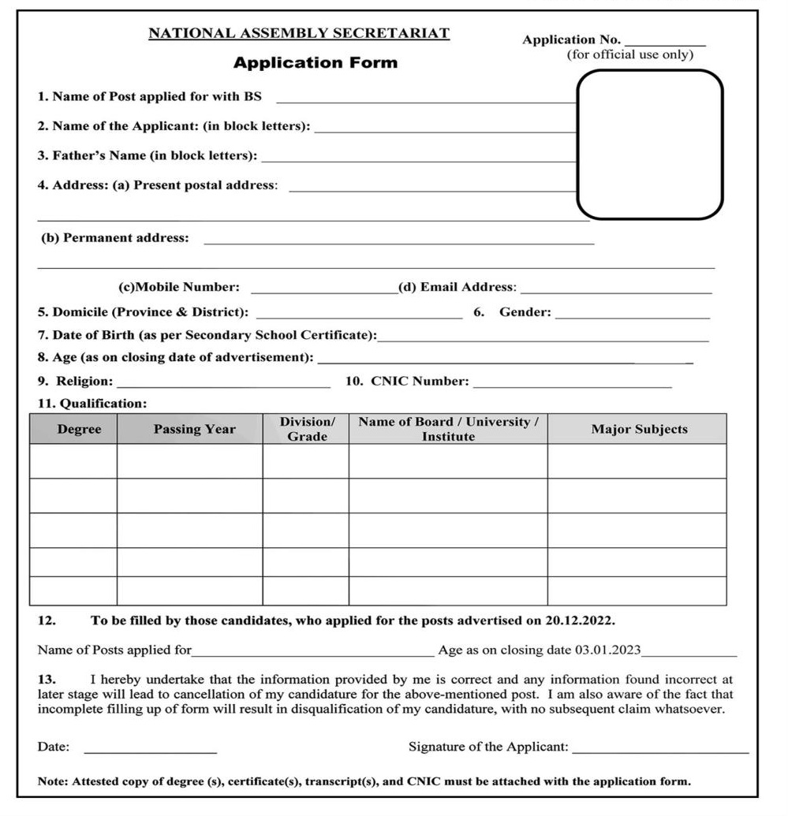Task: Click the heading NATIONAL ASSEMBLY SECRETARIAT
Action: click(299, 33)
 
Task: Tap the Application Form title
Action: click(316, 63)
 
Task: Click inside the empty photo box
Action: click(650, 144)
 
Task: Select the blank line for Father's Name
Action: click(418, 160)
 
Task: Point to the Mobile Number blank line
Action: click(324, 291)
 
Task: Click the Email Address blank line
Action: click(616, 291)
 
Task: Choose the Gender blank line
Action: click(633, 316)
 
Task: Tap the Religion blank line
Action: click(222, 386)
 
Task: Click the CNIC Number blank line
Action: click(573, 386)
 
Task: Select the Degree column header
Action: click(79, 430)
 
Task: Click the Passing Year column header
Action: click(194, 430)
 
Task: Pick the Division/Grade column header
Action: click(307, 430)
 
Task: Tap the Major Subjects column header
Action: click(639, 430)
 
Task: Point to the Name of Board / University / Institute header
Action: click(448, 430)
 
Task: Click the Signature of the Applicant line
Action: click(660, 751)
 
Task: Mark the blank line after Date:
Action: click(150, 751)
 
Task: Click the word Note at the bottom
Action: click(52, 782)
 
